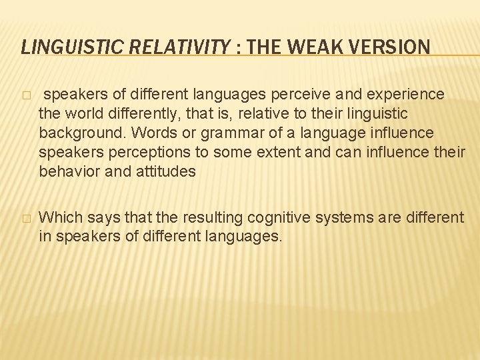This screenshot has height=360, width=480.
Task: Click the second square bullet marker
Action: tap(25, 218)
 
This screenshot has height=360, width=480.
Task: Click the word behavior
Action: tap(67, 171)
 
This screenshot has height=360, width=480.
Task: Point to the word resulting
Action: tap(213, 217)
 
